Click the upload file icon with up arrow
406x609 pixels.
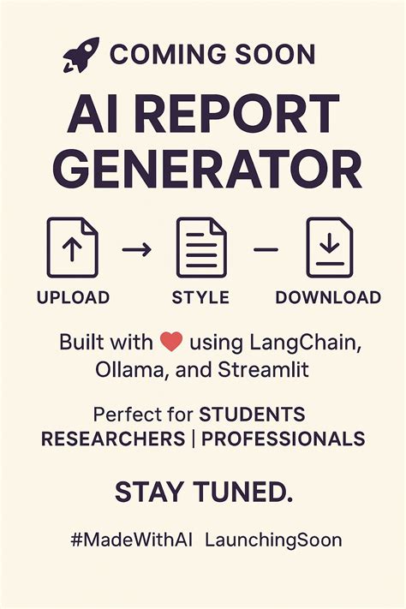pyautogui.click(x=72, y=248)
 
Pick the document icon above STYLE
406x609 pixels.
pyautogui.click(x=201, y=248)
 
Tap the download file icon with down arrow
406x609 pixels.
pyautogui.click(x=331, y=248)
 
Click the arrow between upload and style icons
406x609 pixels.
pyautogui.click(x=136, y=249)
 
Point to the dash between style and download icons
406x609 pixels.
pyautogui.click(x=266, y=249)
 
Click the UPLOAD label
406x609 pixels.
pyautogui.click(x=73, y=298)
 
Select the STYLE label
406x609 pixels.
pyautogui.click(x=200, y=298)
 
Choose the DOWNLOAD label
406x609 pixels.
pyautogui.click(x=328, y=298)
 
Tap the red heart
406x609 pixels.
pyautogui.click(x=171, y=343)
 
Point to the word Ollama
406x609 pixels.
pyautogui.click(x=120, y=370)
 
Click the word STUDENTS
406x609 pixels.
pyautogui.click(x=252, y=415)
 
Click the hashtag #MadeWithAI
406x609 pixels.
pyautogui.click(x=134, y=540)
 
